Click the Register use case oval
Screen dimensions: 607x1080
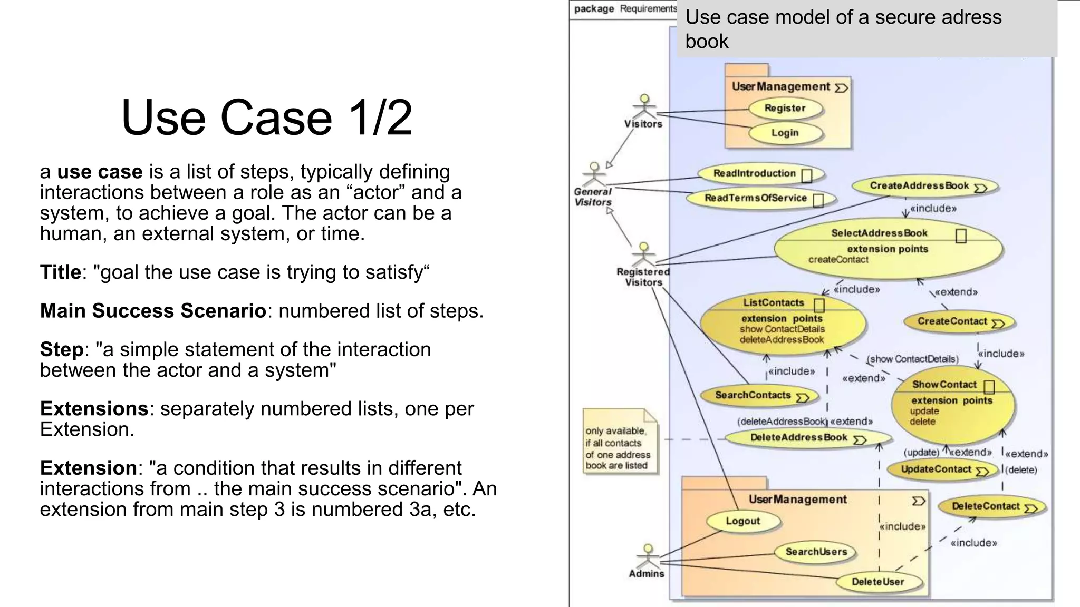tap(785, 109)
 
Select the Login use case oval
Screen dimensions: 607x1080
tap(785, 133)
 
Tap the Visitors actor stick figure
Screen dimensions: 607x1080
tap(644, 107)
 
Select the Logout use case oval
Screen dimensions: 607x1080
tap(743, 521)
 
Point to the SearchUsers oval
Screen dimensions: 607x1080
tap(816, 552)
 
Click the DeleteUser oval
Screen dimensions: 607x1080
tap(878, 582)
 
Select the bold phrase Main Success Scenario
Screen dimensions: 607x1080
tap(153, 311)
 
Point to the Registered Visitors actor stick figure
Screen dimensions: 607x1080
tap(643, 254)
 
